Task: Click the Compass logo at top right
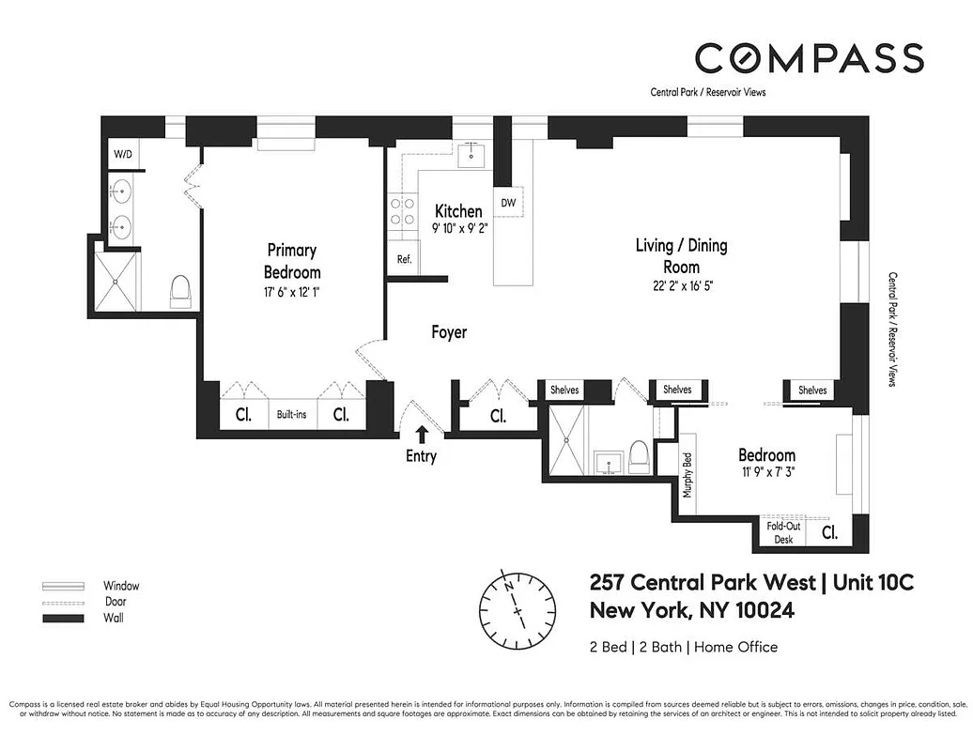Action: [x=809, y=57]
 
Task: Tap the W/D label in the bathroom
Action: [x=123, y=154]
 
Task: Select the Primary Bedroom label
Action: [x=292, y=261]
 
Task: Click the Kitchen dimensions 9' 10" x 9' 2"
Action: [x=460, y=228]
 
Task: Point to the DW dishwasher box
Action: [x=508, y=202]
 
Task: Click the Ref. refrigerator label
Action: [x=404, y=259]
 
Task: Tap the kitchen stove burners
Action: [x=403, y=211]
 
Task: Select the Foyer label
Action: [x=449, y=332]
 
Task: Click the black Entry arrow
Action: [x=422, y=433]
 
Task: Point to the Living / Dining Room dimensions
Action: [x=681, y=287]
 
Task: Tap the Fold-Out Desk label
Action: [x=783, y=533]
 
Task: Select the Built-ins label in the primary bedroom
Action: [x=291, y=414]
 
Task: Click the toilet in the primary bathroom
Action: [x=180, y=293]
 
